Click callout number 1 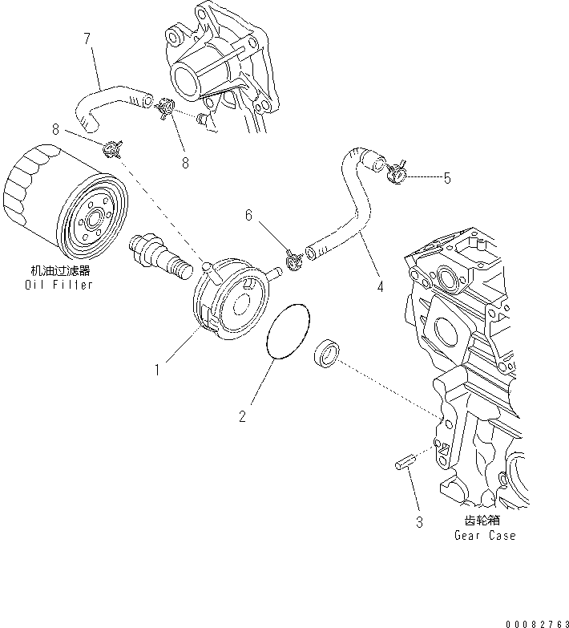click(159, 370)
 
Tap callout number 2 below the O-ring click(243, 415)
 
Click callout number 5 click(446, 178)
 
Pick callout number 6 click(248, 215)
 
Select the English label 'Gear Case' click(485, 535)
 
